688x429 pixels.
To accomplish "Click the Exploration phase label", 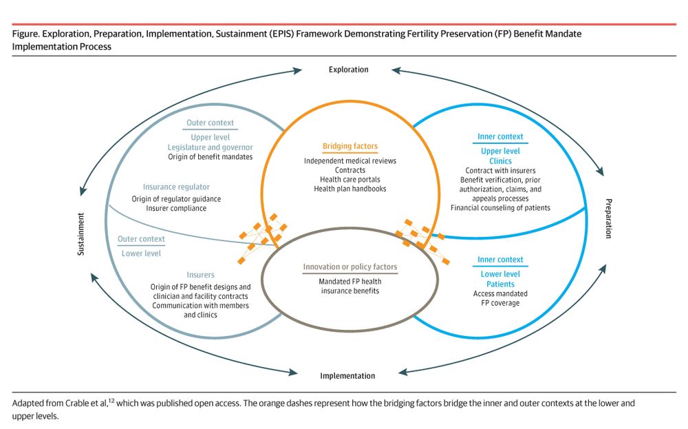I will click(x=348, y=70).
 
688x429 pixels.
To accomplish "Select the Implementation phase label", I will click(x=347, y=376).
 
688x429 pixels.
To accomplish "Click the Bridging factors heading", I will click(x=350, y=147).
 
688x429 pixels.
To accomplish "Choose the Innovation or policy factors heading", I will click(x=350, y=267).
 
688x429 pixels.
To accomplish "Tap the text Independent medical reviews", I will click(x=350, y=161).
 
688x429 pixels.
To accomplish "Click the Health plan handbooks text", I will click(x=350, y=189).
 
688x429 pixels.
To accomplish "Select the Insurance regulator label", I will click(x=176, y=187).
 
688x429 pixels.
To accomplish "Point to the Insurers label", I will click(x=200, y=275).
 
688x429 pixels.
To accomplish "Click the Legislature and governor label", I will click(x=210, y=147).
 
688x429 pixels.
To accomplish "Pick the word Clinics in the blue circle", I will click(x=500, y=161).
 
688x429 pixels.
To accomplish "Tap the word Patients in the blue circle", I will click(x=500, y=284).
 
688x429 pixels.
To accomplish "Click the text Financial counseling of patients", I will click(x=500, y=208).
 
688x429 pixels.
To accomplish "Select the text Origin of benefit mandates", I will click(x=210, y=157).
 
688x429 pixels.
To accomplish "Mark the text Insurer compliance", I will click(x=176, y=209).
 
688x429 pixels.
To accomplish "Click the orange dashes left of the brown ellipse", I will click(x=259, y=238).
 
